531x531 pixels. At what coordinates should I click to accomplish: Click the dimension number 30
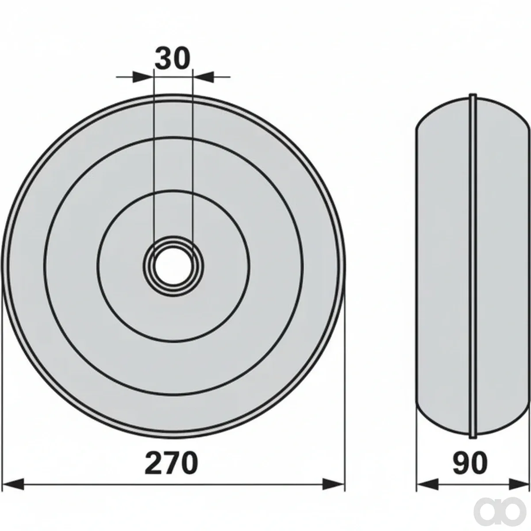click(173, 58)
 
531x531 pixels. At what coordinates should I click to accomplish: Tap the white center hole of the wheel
click(173, 265)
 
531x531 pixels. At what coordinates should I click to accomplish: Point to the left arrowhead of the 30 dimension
click(142, 77)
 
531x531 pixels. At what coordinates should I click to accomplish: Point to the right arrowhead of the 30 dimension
click(204, 77)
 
